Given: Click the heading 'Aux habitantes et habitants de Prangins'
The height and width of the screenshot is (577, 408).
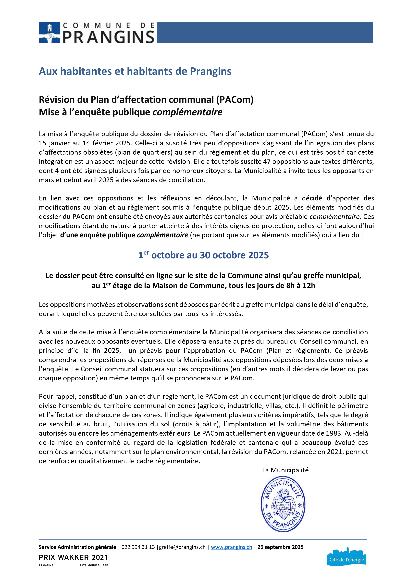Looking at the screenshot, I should [135, 71].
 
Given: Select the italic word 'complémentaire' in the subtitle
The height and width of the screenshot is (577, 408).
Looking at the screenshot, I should [187, 112].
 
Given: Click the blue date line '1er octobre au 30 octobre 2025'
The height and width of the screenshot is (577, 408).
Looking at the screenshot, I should [203, 255].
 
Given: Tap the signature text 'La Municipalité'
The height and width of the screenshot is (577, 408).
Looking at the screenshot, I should [285, 470].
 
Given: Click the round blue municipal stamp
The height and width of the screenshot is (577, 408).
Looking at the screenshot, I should [283, 505].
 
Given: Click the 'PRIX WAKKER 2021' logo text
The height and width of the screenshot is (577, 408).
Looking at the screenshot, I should [73, 557].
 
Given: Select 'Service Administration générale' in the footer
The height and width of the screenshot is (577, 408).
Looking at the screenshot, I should [77, 547].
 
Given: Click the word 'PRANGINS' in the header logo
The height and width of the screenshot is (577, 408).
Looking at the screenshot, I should [108, 37].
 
